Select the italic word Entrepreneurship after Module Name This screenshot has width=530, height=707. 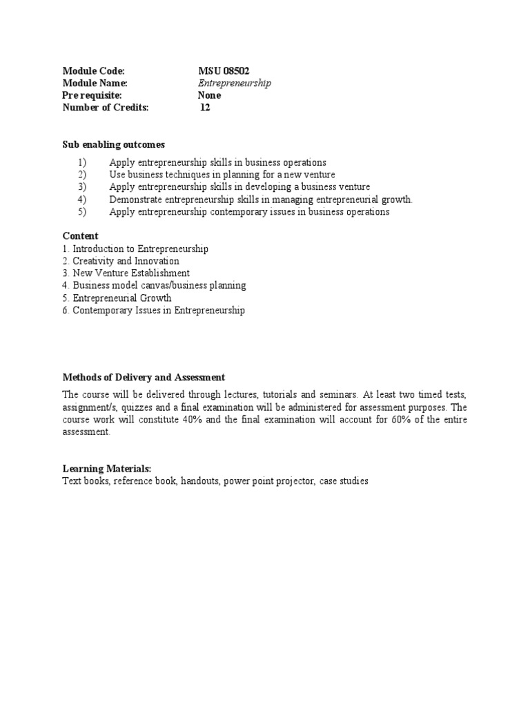(235, 83)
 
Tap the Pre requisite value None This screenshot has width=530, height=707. (209, 95)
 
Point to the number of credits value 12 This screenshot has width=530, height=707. (205, 108)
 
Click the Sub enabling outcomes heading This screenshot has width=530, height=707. (114, 144)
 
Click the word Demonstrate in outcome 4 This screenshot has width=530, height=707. (135, 200)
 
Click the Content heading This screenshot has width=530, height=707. (80, 236)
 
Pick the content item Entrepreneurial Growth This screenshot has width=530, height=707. (121, 298)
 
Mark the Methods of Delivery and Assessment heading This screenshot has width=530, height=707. (144, 377)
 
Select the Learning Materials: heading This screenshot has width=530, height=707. (106, 469)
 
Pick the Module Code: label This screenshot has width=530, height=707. (93, 70)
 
